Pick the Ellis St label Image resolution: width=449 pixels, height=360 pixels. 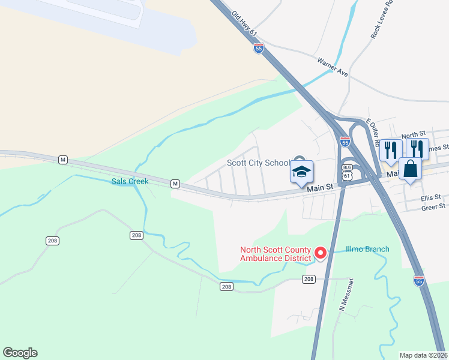coord(430,197)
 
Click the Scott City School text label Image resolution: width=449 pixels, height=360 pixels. coord(258,163)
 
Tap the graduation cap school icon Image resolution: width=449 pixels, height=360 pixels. coord(301,172)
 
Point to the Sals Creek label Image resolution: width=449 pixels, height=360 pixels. coord(129,181)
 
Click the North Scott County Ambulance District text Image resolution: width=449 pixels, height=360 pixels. coord(276,254)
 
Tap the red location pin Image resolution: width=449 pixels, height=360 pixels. coord(321,254)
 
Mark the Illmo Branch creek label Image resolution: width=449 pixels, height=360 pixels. coord(367,250)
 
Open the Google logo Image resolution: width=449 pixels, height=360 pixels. coord(20,353)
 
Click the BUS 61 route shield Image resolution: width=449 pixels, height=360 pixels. coord(347,171)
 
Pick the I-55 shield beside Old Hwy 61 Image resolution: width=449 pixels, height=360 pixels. coord(259,48)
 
